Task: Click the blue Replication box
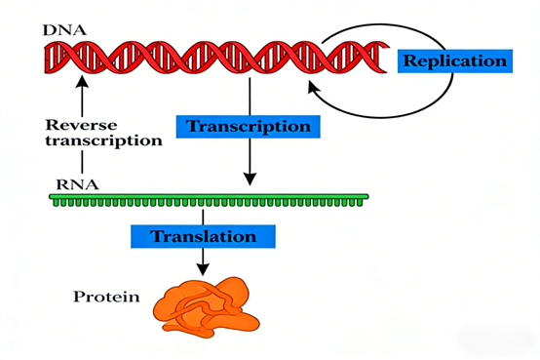pos(454,61)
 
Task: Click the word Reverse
pos(81,124)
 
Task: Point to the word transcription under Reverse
pos(102,140)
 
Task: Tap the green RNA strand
pos(210,200)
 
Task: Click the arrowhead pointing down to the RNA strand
pos(250,179)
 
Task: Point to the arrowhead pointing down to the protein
pos(203,266)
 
